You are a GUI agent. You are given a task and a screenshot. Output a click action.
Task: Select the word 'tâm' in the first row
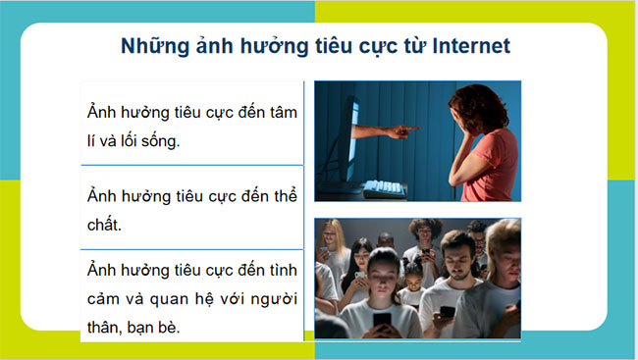281,111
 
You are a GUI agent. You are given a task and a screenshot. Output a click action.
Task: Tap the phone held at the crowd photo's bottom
381,321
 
